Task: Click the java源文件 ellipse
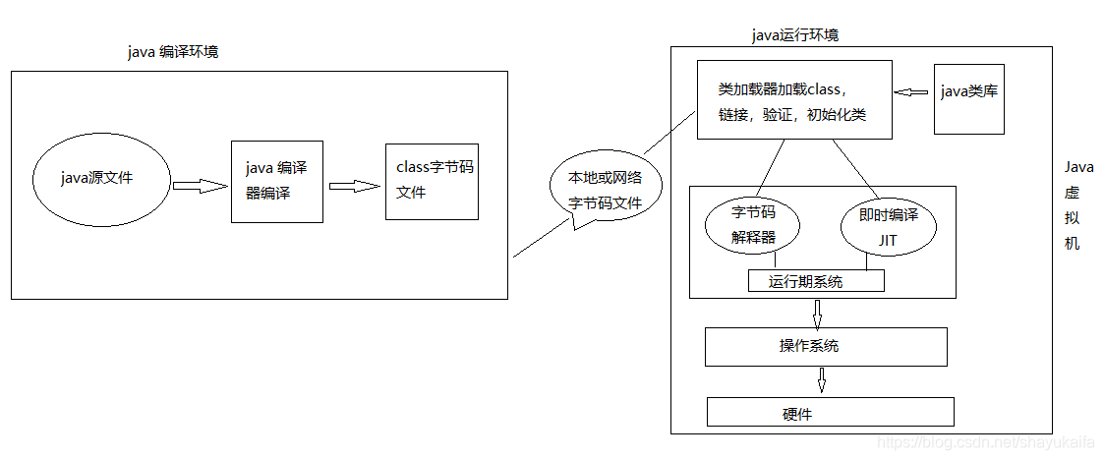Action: [97, 178]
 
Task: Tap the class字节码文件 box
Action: [433, 180]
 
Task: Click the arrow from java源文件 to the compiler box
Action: [200, 184]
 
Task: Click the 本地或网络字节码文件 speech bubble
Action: [605, 190]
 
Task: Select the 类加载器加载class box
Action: [793, 100]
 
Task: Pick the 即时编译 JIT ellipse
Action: [889, 225]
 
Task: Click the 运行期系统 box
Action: [816, 281]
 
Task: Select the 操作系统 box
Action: [826, 346]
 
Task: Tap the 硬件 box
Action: [830, 412]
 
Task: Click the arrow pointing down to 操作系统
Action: [816, 314]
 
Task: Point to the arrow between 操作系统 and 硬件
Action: [822, 379]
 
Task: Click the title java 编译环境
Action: [173, 52]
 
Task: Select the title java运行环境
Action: [794, 35]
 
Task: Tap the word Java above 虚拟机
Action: [1078, 167]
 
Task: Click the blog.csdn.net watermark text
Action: [987, 445]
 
